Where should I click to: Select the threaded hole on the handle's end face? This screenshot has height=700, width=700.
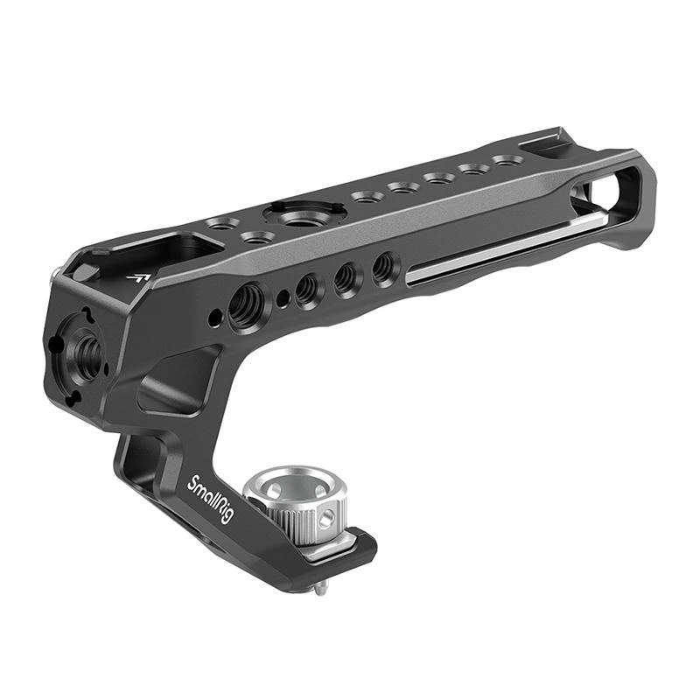pos(87,350)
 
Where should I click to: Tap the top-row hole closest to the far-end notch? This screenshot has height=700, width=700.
pos(506,160)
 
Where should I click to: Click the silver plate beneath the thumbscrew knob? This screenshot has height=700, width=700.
pos(328,547)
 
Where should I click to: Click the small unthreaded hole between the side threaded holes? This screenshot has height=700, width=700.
pos(281,298)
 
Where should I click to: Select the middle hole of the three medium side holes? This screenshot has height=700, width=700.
pos(346,277)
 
